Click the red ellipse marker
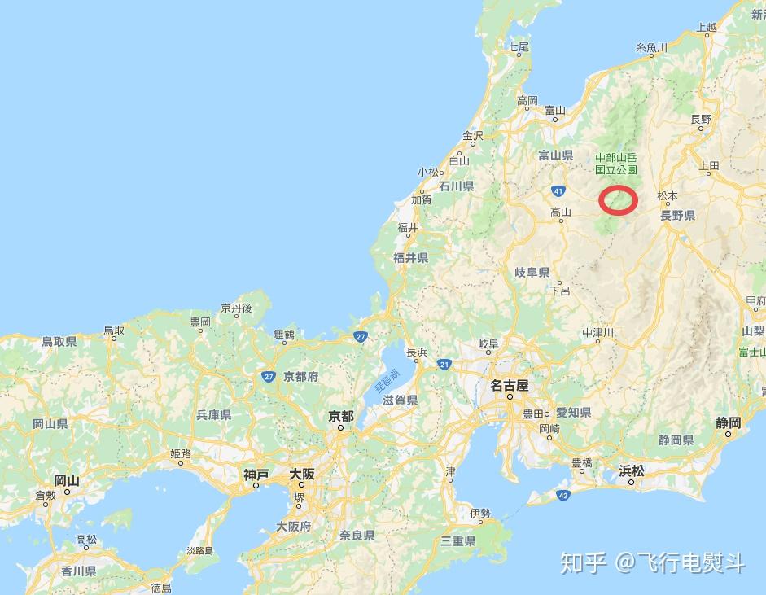coord(618,199)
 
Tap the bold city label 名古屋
coord(510,385)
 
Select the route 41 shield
coord(558,190)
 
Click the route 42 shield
coord(563,494)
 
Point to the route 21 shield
coord(444,364)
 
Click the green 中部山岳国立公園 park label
coord(615,164)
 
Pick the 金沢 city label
coord(473,135)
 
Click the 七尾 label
coord(519,46)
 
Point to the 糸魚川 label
coord(651,48)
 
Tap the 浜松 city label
coord(631,470)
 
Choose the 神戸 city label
coord(256,474)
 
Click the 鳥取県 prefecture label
coord(59,342)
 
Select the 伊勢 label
coord(480,513)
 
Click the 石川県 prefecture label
coord(457,186)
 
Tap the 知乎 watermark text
coord(584,562)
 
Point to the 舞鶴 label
coord(284,335)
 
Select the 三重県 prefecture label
coord(457,541)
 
